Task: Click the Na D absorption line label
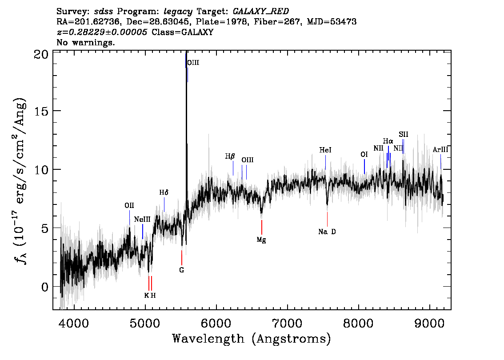coord(327,232)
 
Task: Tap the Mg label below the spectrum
coord(261,240)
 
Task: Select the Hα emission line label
coord(388,141)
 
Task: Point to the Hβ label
coord(230,156)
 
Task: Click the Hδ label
coord(164,192)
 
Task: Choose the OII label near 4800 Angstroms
coord(129,205)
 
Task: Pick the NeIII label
coord(142,220)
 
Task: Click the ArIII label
coord(440,149)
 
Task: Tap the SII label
coord(404,134)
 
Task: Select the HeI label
coord(325,150)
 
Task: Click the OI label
coord(364,155)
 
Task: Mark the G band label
coord(182,270)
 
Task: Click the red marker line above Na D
coord(327,219)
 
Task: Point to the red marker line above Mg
coord(262,227)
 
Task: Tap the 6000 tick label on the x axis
coord(216,323)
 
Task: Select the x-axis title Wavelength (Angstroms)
coord(252,339)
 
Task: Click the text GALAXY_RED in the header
coord(261,12)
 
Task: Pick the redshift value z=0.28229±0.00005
coord(102,32)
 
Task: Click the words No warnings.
coord(85,42)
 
